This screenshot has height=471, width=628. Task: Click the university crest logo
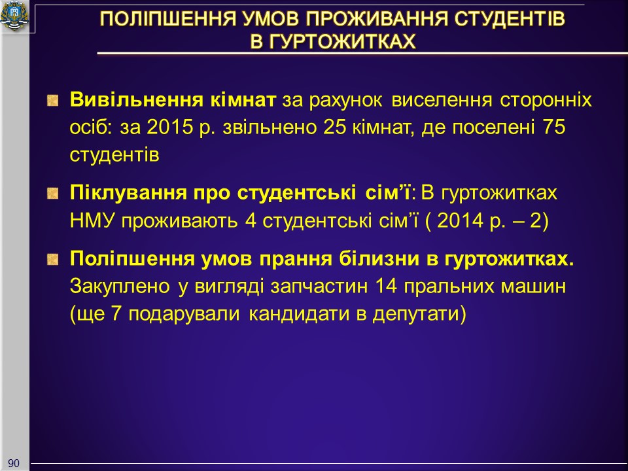[15, 16]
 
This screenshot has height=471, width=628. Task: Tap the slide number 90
[14, 463]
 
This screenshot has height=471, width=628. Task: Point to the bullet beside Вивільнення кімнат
[53, 100]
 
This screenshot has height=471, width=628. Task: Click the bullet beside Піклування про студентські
[53, 194]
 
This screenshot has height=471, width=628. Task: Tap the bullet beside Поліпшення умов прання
[53, 260]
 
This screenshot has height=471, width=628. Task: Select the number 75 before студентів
[554, 128]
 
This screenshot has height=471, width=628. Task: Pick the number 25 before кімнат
[334, 128]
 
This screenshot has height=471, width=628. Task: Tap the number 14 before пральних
[386, 287]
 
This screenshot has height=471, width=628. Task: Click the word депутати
[419, 314]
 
